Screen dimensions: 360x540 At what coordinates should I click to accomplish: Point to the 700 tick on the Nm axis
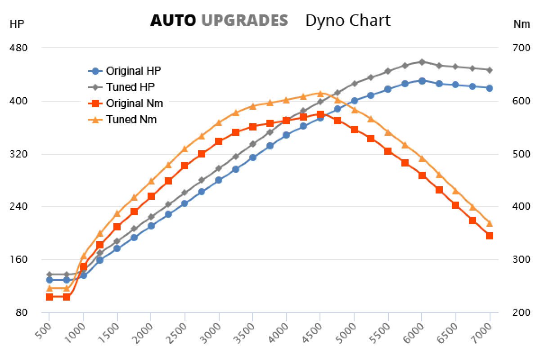click(522, 48)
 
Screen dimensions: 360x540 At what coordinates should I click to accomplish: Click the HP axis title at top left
click(17, 24)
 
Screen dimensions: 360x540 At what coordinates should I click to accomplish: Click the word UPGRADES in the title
click(244, 21)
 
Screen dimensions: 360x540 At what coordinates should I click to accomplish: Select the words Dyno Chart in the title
click(348, 21)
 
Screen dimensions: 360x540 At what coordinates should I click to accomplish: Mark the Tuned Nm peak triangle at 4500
click(320, 93)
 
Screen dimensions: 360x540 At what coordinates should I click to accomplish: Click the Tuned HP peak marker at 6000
click(422, 62)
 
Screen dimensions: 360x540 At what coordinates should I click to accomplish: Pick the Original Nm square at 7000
click(490, 235)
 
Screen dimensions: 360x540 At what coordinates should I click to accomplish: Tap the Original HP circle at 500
click(49, 280)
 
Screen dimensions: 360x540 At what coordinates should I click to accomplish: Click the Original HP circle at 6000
click(422, 81)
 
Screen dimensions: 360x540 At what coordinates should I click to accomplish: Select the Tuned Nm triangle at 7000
click(490, 223)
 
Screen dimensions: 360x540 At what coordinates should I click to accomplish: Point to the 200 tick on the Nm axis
click(522, 313)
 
